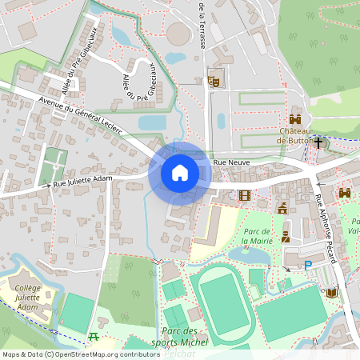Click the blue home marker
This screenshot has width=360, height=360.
180,173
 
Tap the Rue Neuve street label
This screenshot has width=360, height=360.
233,162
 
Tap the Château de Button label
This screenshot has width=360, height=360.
298,135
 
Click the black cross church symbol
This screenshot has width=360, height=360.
319,142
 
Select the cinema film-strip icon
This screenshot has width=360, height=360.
244,194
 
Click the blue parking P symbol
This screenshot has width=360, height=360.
308,265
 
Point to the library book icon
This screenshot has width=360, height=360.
332,293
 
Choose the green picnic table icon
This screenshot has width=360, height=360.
94,337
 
